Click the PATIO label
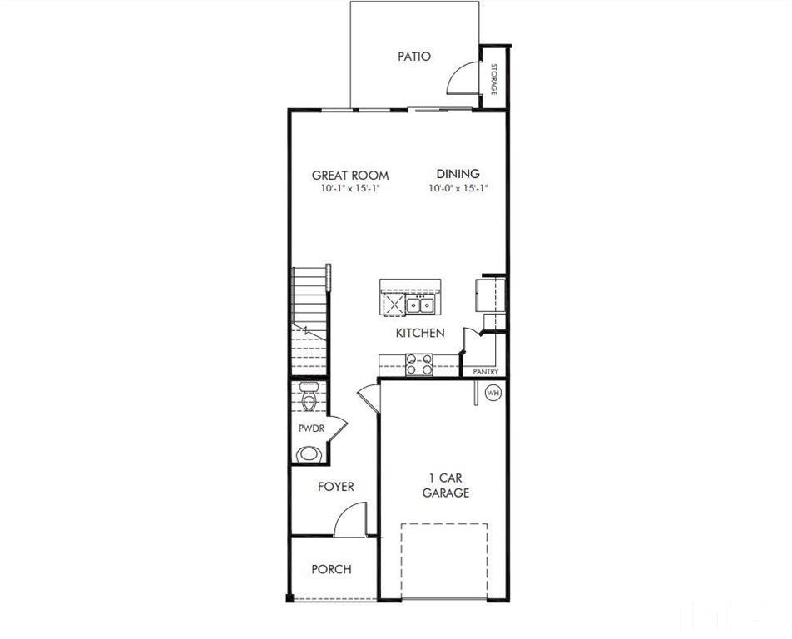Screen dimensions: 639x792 [414, 57]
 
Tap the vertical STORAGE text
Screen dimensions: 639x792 [493, 80]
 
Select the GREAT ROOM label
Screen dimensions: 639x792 [350, 175]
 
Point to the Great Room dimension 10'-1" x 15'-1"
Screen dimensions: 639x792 [350, 189]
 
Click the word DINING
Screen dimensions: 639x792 [458, 174]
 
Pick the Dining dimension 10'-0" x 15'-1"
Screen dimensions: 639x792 [458, 189]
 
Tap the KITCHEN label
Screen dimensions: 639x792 [419, 333]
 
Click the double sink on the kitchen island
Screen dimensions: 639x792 [421, 305]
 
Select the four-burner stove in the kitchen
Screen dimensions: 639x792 [418, 364]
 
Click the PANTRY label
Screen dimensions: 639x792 [485, 372]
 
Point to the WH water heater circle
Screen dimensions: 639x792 [493, 392]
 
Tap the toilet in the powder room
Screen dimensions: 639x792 [309, 403]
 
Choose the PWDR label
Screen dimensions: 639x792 [310, 428]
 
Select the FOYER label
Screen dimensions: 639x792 [335, 487]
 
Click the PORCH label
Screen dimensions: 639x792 [331, 570]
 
